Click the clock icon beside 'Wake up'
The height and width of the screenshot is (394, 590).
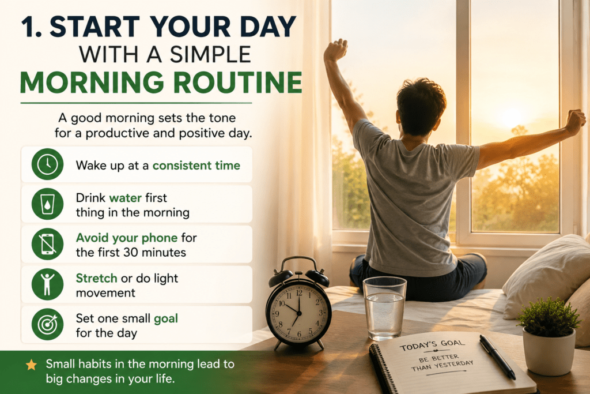coord(47,164)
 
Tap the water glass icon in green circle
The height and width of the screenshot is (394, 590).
coord(47,204)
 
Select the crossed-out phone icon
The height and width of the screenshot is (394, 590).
coord(47,244)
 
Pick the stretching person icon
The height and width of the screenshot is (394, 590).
coord(47,284)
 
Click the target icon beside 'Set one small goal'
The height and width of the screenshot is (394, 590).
coord(47,324)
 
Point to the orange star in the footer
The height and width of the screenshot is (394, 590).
coord(31,365)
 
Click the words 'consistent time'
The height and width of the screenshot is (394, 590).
coord(196,166)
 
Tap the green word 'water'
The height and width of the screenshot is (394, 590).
coord(125,198)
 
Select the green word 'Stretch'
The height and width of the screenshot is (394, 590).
coord(96,279)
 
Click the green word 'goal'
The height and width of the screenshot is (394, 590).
coord(166,319)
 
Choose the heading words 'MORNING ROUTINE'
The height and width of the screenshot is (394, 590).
coord(161,82)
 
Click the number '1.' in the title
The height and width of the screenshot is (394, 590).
coord(31,27)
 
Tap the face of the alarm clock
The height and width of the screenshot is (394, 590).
coord(299,312)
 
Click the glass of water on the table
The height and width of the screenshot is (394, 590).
coord(384,308)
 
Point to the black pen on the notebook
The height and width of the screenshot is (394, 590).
coord(497,357)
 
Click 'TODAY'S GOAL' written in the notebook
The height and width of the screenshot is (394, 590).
coord(432,344)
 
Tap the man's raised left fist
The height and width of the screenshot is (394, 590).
coord(335,50)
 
